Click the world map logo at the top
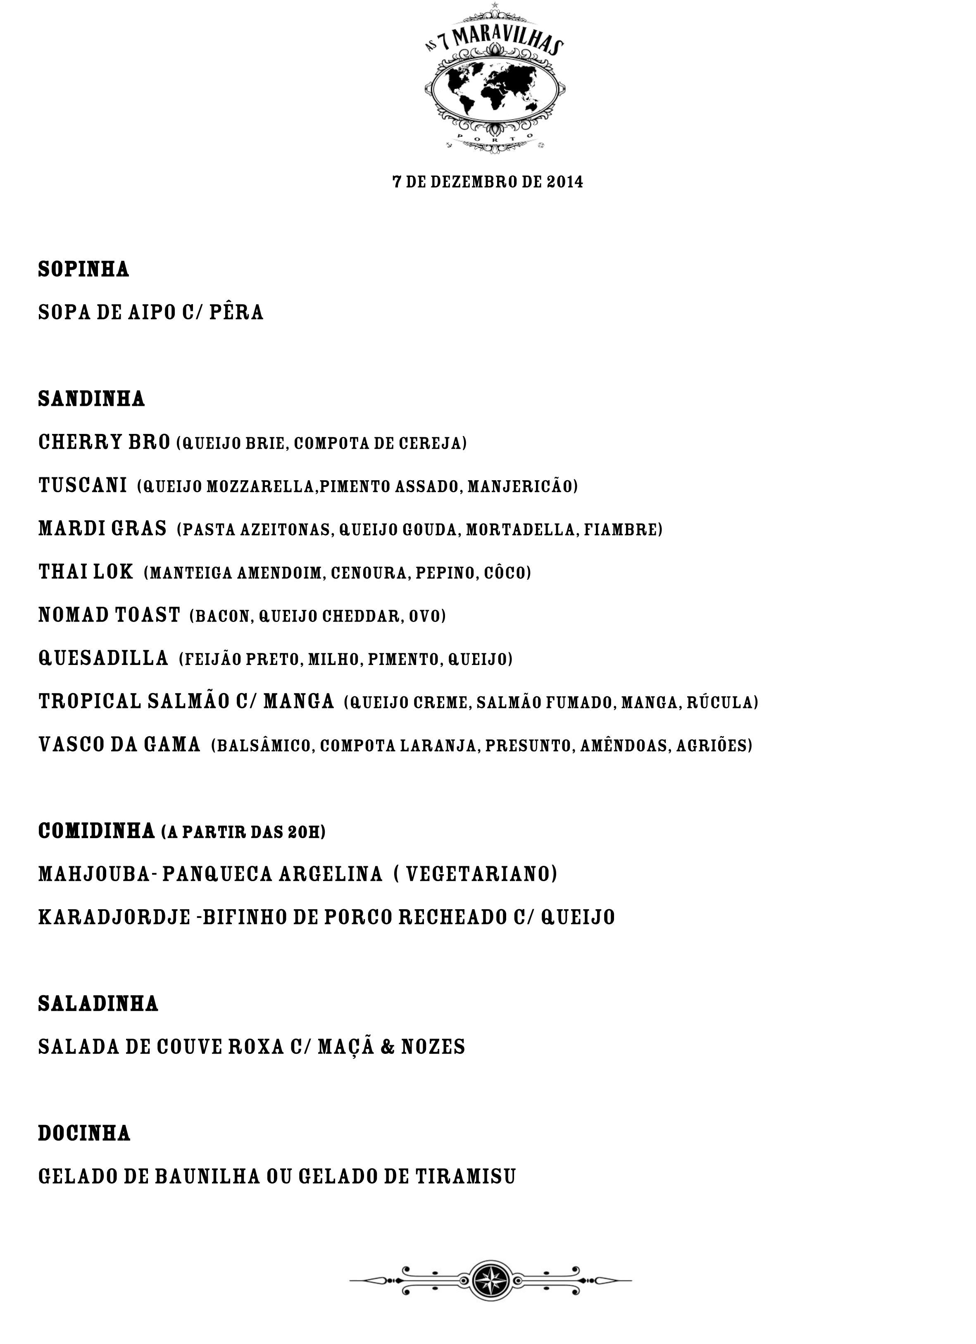(x=495, y=89)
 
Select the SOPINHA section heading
(x=83, y=269)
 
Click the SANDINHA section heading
(x=91, y=399)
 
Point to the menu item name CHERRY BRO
(x=104, y=442)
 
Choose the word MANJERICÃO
(x=522, y=486)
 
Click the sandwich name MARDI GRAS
(x=102, y=529)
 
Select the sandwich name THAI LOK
(x=86, y=572)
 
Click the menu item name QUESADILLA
(x=104, y=658)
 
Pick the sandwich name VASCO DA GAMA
(x=119, y=745)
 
